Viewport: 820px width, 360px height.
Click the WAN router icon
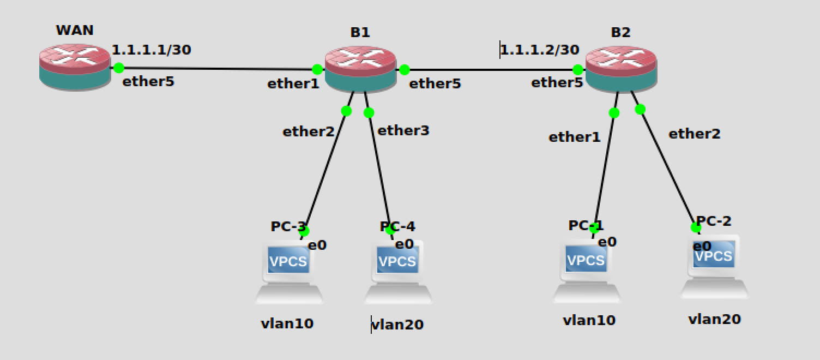pyautogui.click(x=75, y=67)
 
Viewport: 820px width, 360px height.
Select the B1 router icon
pyautogui.click(x=360, y=69)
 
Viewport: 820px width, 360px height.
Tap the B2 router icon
pyautogui.click(x=620, y=69)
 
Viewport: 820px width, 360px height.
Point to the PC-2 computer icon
pyautogui.click(x=714, y=266)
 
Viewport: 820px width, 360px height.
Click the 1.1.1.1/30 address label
pyautogui.click(x=152, y=50)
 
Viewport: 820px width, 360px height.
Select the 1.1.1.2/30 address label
pyautogui.click(x=539, y=50)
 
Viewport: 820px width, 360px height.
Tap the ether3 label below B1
pyautogui.click(x=403, y=130)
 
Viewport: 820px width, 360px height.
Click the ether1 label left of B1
pyautogui.click(x=293, y=83)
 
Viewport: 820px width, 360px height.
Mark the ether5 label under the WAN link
pyautogui.click(x=148, y=82)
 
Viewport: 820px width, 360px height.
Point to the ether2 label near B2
pyautogui.click(x=695, y=134)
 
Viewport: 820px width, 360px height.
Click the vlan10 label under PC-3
pyautogui.click(x=287, y=323)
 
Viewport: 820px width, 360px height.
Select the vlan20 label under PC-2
pyautogui.click(x=714, y=319)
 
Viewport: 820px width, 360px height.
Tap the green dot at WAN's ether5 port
pyautogui.click(x=119, y=68)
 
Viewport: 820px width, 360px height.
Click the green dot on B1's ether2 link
pyautogui.click(x=346, y=111)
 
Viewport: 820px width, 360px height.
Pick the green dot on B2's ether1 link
pyautogui.click(x=614, y=113)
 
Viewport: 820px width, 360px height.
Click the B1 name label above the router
pyautogui.click(x=360, y=32)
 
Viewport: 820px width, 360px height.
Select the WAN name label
pyautogui.click(x=75, y=31)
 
